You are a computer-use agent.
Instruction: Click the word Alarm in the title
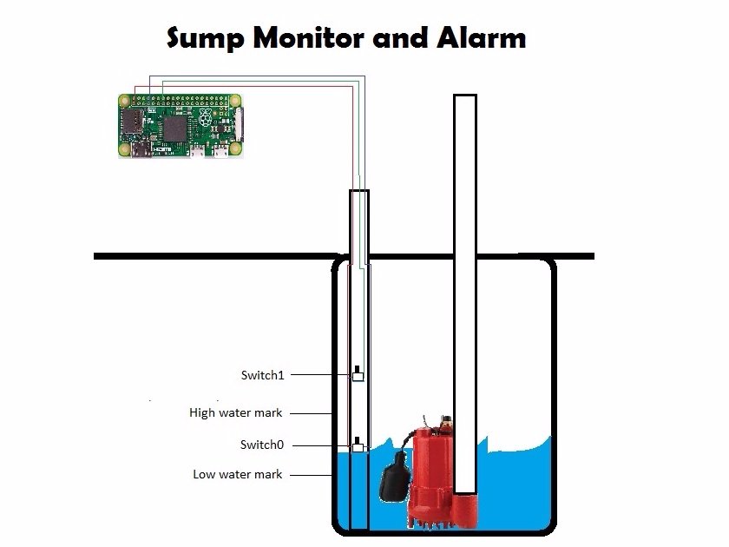point(485,38)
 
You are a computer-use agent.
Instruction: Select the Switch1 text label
point(262,375)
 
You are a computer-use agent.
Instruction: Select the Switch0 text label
point(262,445)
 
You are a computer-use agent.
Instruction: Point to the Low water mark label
point(237,474)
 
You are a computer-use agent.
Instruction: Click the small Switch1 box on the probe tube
point(357,376)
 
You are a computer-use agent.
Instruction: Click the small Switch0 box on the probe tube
point(357,446)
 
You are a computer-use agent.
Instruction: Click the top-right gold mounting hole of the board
point(234,101)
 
